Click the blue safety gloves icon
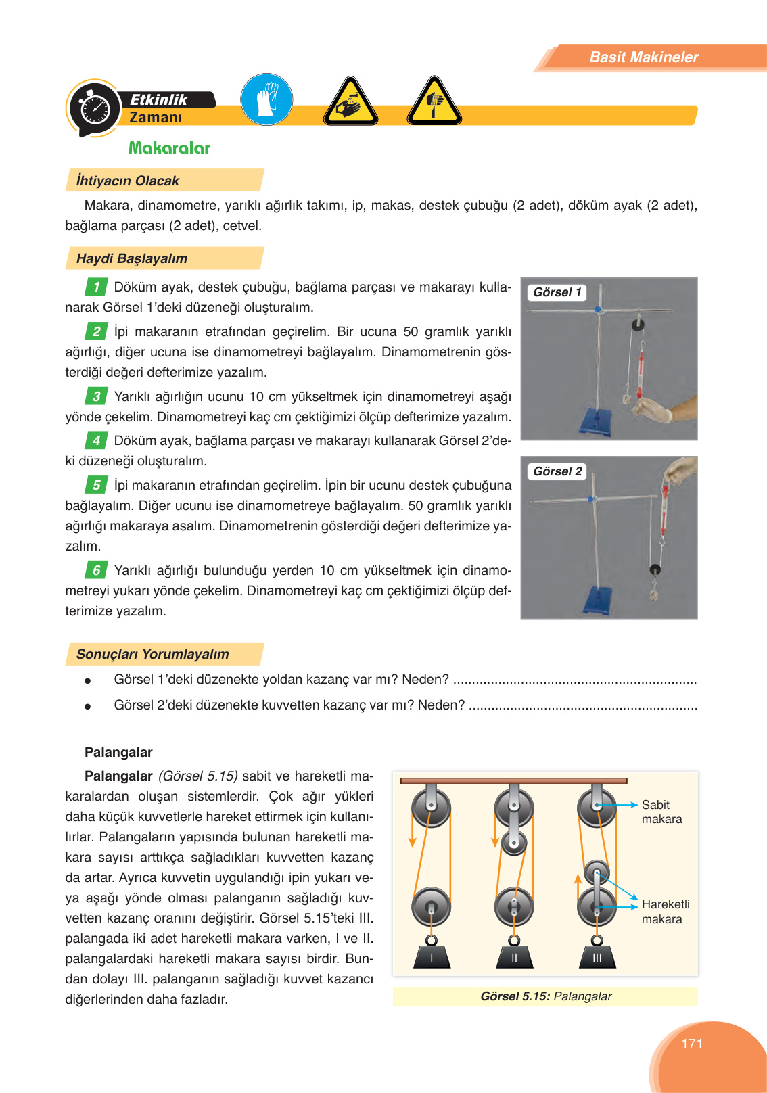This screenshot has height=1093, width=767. [x=266, y=99]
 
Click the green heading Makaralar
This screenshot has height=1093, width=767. [x=169, y=148]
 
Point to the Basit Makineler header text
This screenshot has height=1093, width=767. [x=643, y=57]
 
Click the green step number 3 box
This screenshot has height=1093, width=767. [x=97, y=396]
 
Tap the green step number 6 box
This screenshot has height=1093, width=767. [x=97, y=570]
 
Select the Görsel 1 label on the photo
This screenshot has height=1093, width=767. [x=557, y=292]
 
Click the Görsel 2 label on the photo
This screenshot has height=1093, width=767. [x=557, y=471]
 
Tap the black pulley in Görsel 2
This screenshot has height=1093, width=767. [x=654, y=570]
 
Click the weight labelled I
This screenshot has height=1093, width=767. [x=432, y=956]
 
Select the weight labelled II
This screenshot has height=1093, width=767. [x=514, y=956]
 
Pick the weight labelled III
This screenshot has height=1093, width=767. [x=597, y=956]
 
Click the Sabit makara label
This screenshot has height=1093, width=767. [x=661, y=812]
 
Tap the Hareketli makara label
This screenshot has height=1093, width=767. [x=665, y=911]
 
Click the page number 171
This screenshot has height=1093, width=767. [x=692, y=1044]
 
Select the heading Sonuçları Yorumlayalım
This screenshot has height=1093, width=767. [x=153, y=654]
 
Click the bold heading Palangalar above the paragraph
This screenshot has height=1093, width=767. [x=118, y=752]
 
